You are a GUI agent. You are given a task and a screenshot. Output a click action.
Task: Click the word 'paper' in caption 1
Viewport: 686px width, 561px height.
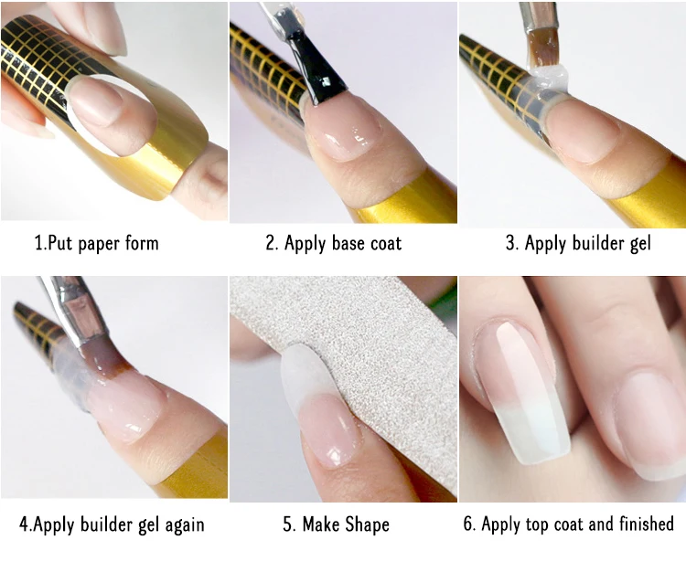[x=99, y=244]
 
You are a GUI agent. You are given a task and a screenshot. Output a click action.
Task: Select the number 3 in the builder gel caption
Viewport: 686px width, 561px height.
[x=510, y=243]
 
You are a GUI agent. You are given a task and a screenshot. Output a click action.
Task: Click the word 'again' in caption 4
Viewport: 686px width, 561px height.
[x=184, y=524]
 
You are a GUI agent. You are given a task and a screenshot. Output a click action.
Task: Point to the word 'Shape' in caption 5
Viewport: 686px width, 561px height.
[x=367, y=524]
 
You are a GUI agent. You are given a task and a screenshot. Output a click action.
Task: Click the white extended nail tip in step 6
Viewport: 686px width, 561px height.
[x=535, y=432]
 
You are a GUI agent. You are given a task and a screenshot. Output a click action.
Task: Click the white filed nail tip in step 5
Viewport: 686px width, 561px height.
[x=302, y=376]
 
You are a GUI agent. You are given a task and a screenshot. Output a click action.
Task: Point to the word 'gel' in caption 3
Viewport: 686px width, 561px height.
[x=640, y=244]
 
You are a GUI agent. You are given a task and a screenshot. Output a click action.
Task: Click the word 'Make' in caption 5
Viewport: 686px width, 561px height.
[x=321, y=524]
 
